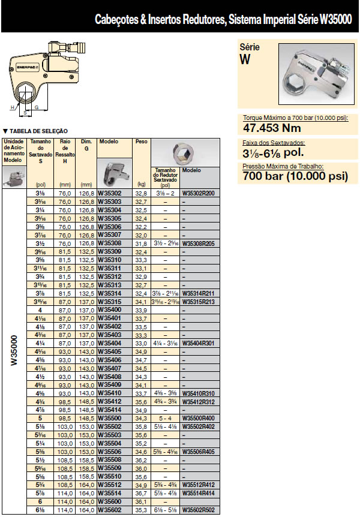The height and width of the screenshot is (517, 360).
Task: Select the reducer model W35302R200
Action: pos(198,194)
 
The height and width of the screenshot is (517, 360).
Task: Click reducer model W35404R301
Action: pos(198,342)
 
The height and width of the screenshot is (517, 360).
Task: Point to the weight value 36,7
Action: pos(142,493)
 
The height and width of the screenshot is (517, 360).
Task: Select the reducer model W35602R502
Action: pos(198,510)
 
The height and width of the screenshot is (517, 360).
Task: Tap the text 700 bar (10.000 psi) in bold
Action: pos(295,176)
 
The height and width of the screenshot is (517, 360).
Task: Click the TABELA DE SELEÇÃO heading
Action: pos(36,131)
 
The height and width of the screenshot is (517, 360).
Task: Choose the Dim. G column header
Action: pos(86,144)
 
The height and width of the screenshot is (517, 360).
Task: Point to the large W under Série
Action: pos(245,59)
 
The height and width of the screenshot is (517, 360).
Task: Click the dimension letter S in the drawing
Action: pos(25,111)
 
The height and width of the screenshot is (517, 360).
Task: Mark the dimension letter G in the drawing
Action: pos(37,107)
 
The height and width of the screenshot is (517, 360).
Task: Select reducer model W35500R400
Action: pos(198,417)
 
